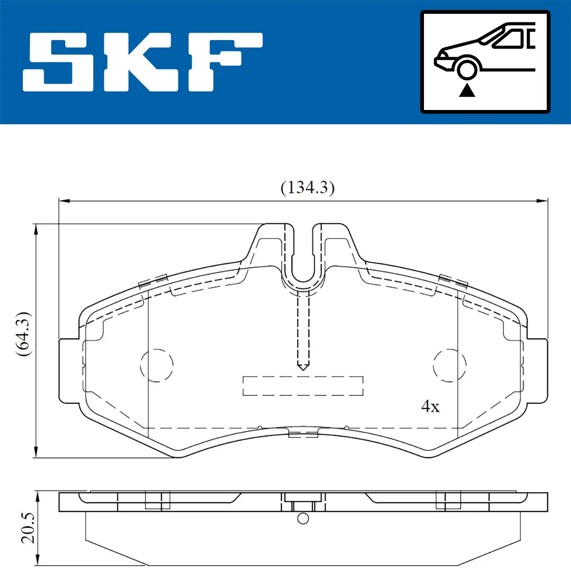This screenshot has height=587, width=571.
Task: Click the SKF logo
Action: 143,62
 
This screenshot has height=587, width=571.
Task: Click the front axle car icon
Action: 485,62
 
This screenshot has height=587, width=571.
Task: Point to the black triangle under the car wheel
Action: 467,90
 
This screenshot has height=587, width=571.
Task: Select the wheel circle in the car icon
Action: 467,68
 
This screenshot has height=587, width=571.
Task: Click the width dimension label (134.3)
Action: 307,188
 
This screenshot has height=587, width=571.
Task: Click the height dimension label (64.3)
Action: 23,334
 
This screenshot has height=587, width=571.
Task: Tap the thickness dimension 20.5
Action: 28,528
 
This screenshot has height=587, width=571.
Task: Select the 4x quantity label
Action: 430,406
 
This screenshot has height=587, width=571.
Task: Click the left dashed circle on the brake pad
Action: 157,365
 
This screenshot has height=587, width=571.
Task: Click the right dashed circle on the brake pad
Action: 449,365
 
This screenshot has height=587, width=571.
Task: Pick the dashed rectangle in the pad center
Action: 303,386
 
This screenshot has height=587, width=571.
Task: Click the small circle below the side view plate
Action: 303,518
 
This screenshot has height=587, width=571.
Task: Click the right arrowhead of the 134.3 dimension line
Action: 542,201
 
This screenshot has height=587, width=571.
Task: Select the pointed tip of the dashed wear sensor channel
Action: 303,367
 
